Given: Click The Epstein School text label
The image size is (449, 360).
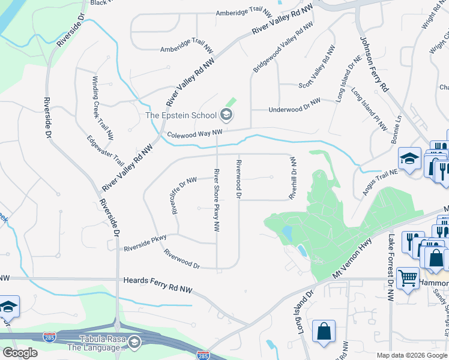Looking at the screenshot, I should pyautogui.click(x=181, y=115).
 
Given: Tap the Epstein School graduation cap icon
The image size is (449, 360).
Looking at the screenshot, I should pyautogui.click(x=226, y=113).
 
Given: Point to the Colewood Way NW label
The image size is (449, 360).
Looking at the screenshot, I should pyautogui.click(x=195, y=134).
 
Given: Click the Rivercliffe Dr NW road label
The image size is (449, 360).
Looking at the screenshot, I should pyautogui.click(x=184, y=196).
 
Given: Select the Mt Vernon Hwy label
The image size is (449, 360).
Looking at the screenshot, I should pyautogui.click(x=353, y=258).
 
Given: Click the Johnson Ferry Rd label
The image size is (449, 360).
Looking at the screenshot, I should pyautogui.click(x=374, y=64).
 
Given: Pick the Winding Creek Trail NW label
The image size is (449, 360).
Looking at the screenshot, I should pyautogui.click(x=103, y=109).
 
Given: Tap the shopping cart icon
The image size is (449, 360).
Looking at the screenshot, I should pyautogui.click(x=408, y=278).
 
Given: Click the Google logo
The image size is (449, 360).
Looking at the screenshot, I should pyautogui.click(x=20, y=353).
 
